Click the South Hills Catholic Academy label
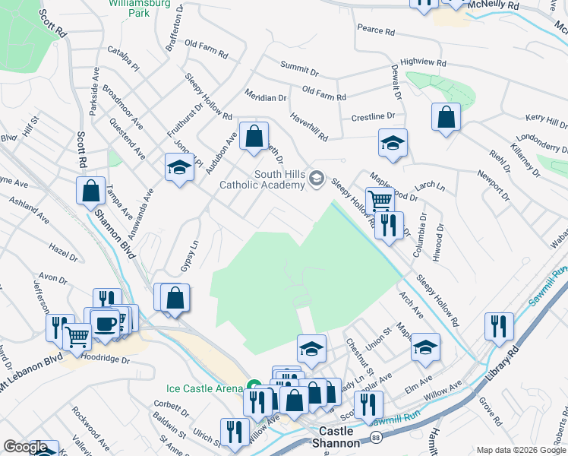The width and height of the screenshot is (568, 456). [263, 179]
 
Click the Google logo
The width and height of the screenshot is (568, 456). [25, 448]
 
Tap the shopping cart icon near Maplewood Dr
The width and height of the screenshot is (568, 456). [379, 201]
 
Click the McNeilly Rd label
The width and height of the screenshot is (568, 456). [514, 5]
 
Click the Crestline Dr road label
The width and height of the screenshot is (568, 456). [373, 117]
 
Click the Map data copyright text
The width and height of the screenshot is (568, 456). [520, 450]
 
